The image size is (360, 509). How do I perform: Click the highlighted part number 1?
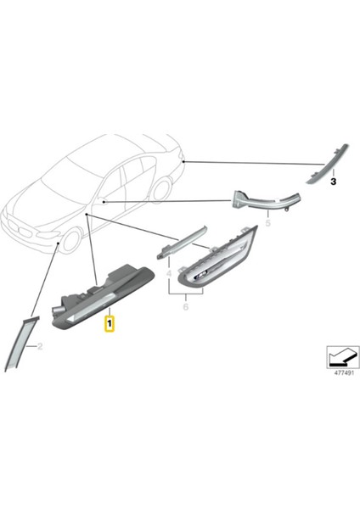tap(109, 323)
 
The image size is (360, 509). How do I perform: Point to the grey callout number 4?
tap(169, 273)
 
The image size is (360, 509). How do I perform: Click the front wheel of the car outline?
tap(69, 240)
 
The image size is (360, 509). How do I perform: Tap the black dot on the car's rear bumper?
tap(183, 159)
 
